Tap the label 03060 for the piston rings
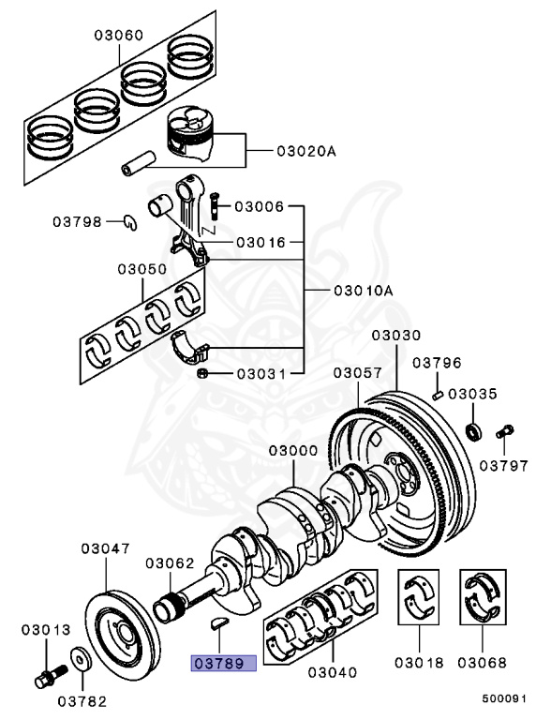point(118,36)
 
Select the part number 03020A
point(305,150)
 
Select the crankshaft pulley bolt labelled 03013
point(46,671)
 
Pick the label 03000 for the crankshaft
point(293,451)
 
